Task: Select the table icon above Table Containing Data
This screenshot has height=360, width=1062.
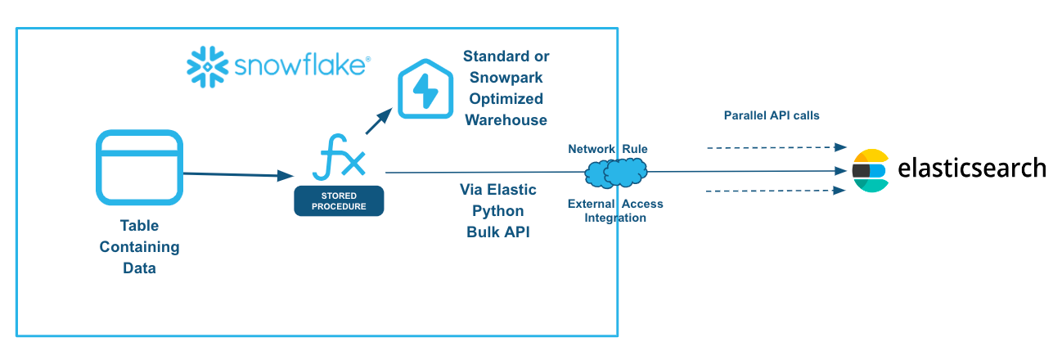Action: coord(138,167)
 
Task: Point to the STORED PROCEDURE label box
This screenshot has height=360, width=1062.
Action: coord(339,200)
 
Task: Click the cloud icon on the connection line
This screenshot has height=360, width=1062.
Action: coord(616,171)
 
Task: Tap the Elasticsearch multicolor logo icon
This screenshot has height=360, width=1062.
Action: coord(870,170)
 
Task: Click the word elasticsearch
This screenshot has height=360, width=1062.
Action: coord(971,168)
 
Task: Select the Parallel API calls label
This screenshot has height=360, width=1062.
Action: coord(772,115)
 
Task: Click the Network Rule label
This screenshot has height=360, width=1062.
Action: coord(607,149)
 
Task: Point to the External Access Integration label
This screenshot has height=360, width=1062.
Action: coord(615,211)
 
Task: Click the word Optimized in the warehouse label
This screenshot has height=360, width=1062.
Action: coord(506,99)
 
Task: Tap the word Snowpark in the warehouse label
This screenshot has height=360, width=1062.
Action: coord(506,78)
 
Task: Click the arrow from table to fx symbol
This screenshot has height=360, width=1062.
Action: coord(237,174)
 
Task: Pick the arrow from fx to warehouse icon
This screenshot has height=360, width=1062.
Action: coord(377,123)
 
